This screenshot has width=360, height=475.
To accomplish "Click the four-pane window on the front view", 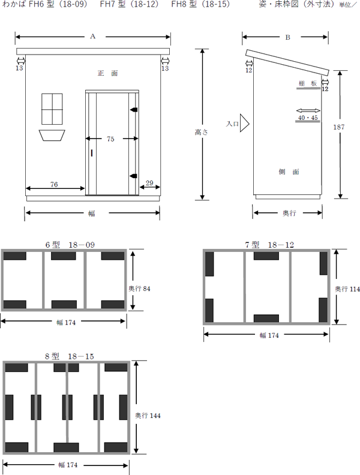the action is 52,109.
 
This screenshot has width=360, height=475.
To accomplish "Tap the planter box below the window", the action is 52,136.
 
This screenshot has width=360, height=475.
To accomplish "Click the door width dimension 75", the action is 110,139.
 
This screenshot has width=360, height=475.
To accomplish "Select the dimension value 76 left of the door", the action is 54,184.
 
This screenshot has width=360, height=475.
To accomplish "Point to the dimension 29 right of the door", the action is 149,183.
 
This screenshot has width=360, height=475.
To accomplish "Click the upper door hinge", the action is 134,109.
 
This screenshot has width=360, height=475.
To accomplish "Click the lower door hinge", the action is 134,176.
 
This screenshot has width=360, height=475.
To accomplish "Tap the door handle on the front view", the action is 91,153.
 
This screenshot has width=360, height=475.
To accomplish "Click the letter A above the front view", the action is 93,37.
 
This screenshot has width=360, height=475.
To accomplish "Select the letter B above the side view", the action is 288,37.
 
